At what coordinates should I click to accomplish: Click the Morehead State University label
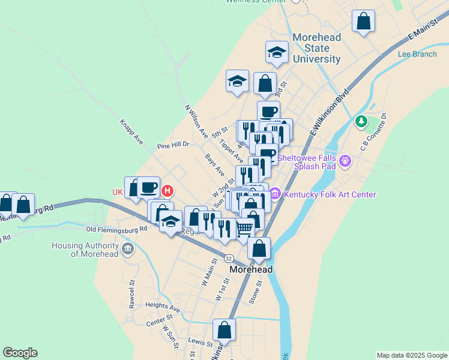[316, 48]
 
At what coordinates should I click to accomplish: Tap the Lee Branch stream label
[417, 54]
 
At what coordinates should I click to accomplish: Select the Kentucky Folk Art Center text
[330, 194]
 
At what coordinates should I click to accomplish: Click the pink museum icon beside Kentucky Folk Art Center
[276, 194]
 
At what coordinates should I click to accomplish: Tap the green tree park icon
[361, 122]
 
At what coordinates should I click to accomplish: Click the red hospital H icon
[168, 191]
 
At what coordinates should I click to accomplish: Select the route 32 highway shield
[229, 258]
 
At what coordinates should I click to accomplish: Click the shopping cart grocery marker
[244, 228]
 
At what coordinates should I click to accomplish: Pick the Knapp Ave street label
[131, 131]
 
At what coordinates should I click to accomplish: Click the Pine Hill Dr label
[173, 145]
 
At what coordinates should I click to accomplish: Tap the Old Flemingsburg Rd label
[116, 229]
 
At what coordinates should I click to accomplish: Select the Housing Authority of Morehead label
[86, 250]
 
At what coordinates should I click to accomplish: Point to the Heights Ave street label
[163, 307]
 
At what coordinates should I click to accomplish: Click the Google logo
[20, 353]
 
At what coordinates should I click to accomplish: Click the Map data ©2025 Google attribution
[411, 355]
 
